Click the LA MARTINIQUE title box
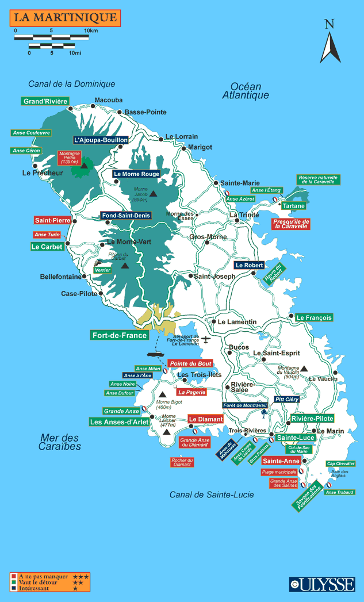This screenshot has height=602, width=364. click(x=64, y=18)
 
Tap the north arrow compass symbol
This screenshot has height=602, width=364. click(x=330, y=43)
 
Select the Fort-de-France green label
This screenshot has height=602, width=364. click(x=120, y=335)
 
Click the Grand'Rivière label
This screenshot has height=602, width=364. click(x=45, y=101)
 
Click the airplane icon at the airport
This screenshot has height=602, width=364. click(x=205, y=340)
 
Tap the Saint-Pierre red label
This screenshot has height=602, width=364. click(x=53, y=220)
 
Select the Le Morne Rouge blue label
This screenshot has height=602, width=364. click(x=136, y=174)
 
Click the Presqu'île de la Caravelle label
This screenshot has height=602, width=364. click(x=292, y=224)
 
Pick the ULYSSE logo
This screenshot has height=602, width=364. click(x=322, y=584)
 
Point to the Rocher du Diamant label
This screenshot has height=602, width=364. click(x=182, y=462)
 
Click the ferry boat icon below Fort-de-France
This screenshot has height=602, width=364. click(x=155, y=354)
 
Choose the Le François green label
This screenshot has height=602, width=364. click(x=314, y=317)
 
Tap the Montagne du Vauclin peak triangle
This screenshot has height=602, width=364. click(x=304, y=369)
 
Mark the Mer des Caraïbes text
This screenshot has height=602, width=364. click(x=60, y=442)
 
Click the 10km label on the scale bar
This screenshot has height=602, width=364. click(x=90, y=30)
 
